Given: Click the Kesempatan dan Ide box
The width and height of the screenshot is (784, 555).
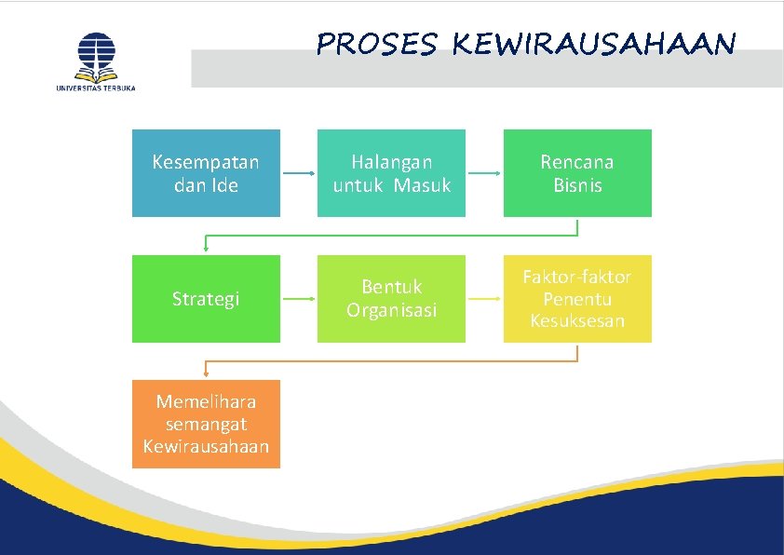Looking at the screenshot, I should [x=206, y=173].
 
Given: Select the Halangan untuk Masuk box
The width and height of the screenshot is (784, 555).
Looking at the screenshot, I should [x=391, y=173].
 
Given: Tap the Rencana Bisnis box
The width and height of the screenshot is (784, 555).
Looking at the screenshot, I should [x=577, y=173].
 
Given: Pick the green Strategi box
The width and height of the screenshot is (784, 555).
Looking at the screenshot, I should [x=206, y=299].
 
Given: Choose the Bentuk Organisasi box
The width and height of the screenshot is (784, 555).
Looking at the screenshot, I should [x=391, y=299].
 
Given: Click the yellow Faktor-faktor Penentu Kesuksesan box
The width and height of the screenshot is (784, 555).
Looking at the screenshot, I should [x=577, y=299].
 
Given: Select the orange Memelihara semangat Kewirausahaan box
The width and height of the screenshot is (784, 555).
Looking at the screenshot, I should [x=206, y=424].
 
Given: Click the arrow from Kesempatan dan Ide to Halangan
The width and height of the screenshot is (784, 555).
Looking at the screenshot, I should [x=298, y=173].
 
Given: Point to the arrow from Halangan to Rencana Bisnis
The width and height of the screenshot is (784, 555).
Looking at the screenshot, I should [x=484, y=173].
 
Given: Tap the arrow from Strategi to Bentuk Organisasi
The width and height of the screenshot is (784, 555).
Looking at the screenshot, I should [x=298, y=299].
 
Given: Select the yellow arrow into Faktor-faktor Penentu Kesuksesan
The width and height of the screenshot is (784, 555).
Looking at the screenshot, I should [x=484, y=299].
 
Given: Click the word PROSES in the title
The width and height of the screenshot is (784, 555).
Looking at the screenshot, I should [x=376, y=44].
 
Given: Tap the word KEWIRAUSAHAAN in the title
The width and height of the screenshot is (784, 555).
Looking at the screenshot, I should [x=594, y=44].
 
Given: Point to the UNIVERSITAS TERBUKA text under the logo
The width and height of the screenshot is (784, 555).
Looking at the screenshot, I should [x=96, y=88].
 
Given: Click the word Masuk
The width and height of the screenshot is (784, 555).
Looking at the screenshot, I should [x=421, y=185].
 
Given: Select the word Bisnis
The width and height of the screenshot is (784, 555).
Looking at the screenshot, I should [x=577, y=185].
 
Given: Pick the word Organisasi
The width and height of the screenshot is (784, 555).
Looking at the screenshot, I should [x=391, y=310].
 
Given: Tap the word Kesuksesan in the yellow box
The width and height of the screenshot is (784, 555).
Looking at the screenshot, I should [x=577, y=321].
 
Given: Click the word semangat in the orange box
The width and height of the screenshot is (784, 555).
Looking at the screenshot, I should [x=206, y=424].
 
